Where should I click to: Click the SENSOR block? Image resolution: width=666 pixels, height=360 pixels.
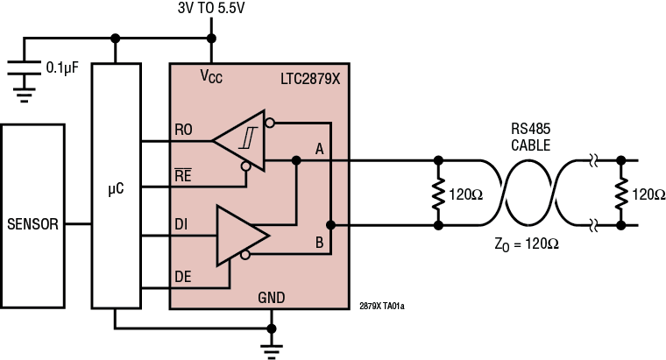(32, 224)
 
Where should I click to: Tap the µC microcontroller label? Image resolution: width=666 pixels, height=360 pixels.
(116, 187)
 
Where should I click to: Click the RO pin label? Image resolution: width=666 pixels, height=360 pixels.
(184, 131)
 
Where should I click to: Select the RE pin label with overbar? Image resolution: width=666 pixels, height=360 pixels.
(184, 174)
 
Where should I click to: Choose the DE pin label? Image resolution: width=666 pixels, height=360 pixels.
(183, 276)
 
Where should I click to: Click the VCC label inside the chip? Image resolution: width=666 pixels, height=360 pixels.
(211, 77)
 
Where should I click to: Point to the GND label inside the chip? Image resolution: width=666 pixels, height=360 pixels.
(272, 298)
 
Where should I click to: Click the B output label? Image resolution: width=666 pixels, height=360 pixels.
(320, 239)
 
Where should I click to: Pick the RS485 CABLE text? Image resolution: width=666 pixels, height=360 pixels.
(531, 138)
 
